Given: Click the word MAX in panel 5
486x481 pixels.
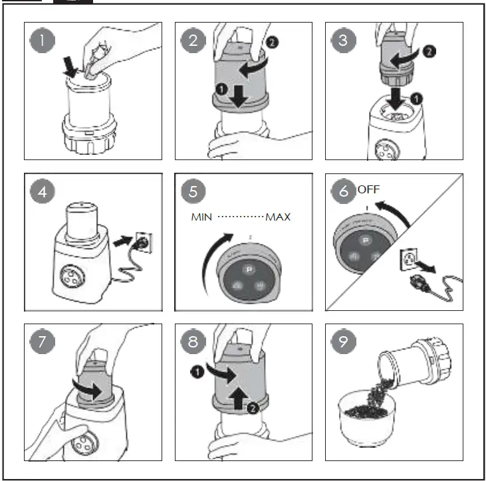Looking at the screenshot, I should (279, 217).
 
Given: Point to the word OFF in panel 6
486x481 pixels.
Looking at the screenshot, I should (368, 189).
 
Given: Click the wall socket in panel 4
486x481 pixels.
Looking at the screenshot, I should (140, 237).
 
